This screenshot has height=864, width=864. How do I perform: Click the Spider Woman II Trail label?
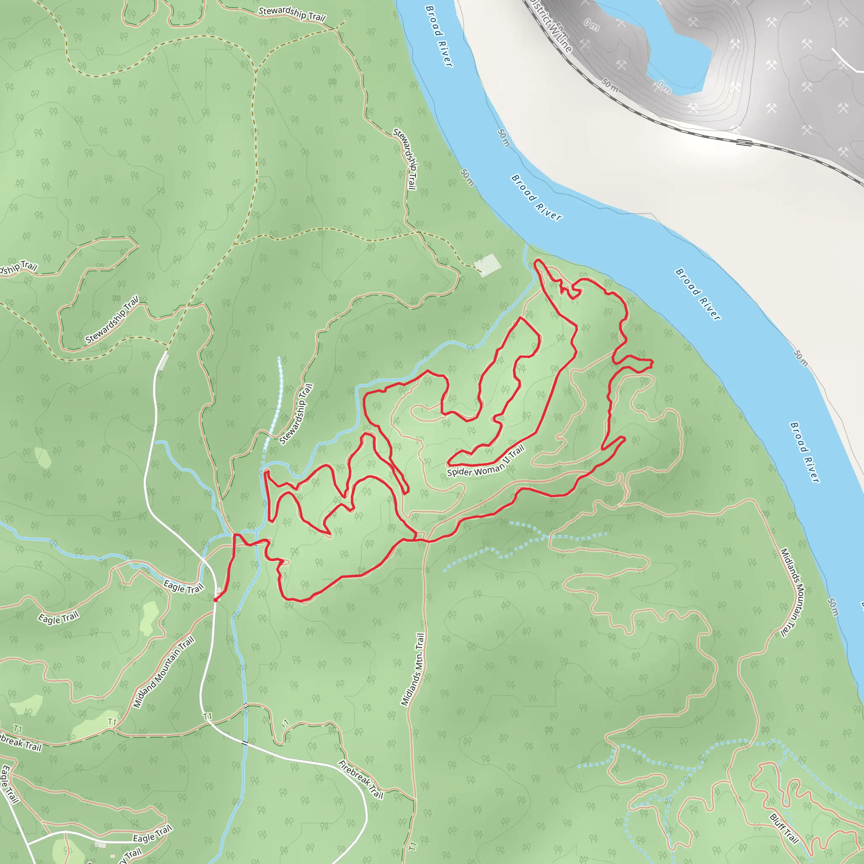486,462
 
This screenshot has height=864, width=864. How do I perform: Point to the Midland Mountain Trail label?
164,672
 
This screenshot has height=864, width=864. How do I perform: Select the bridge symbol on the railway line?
744,143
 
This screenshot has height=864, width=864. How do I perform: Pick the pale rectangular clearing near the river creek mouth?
487,265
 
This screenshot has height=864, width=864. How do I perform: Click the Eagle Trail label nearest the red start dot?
184,587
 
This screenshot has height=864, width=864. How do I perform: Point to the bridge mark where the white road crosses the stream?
245,743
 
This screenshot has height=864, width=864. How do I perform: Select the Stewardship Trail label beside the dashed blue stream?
296,414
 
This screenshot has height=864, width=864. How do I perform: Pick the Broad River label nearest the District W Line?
439,36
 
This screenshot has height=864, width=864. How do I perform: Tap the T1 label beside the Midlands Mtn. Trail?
412,846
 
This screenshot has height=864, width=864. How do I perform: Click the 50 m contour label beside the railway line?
610,85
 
